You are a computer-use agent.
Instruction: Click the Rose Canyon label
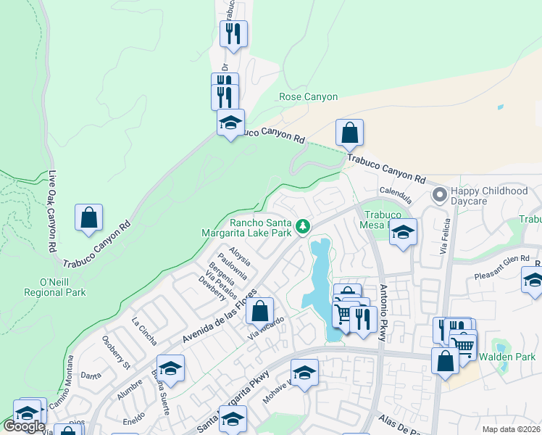309,96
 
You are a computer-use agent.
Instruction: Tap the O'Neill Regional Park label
64,286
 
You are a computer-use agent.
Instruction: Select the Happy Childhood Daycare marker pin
439,194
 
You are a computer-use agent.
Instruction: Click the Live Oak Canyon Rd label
53,211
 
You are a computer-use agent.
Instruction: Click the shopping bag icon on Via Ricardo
259,310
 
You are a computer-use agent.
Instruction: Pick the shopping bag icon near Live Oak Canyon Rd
88,217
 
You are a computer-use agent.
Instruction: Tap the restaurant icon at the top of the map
233,33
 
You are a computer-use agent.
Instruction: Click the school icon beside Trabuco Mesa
404,232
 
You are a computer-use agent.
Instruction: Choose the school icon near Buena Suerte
170,368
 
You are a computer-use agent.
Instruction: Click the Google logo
25,426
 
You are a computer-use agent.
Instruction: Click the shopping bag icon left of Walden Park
445,360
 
